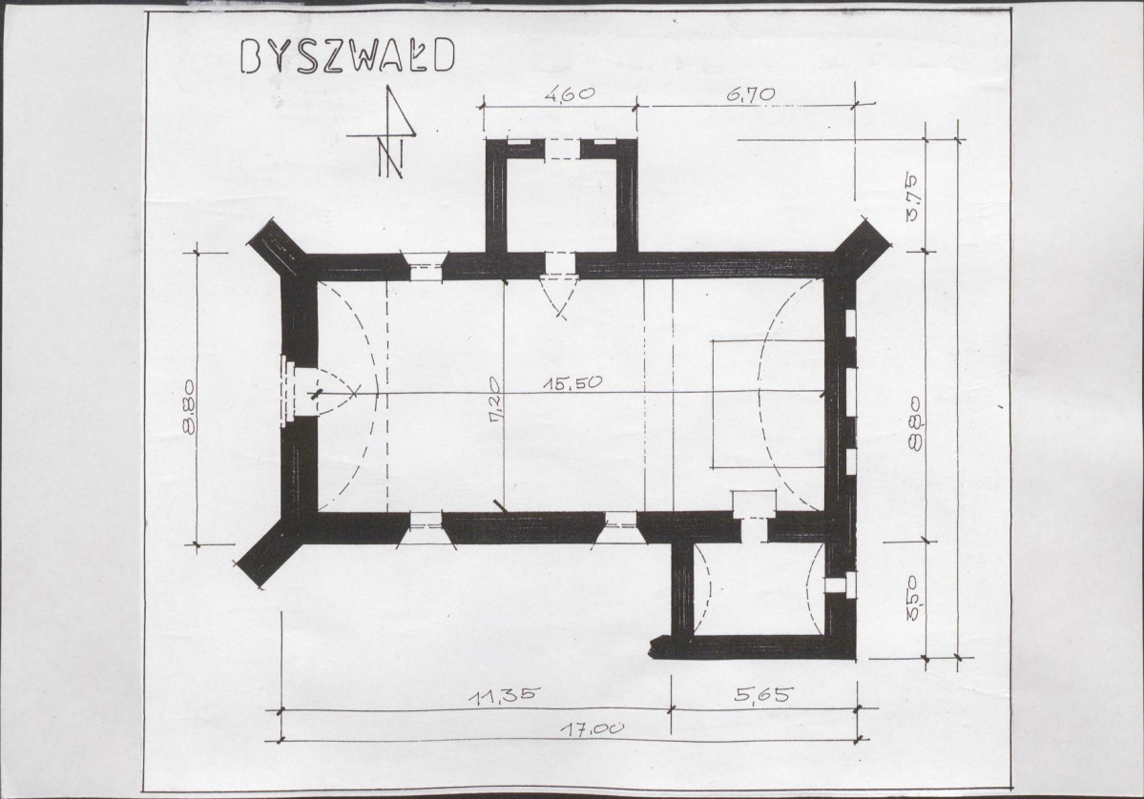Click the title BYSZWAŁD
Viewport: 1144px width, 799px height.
point(347,56)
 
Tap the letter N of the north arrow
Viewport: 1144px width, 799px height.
point(391,156)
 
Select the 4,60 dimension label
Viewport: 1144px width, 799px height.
point(569,93)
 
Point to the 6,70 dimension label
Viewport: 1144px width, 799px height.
point(750,94)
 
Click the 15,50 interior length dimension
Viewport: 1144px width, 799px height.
point(575,382)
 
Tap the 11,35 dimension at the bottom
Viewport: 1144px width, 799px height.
point(504,695)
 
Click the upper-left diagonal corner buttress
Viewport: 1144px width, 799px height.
point(277,246)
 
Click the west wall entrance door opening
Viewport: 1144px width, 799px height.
point(300,392)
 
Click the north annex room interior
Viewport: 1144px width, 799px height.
point(561,205)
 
